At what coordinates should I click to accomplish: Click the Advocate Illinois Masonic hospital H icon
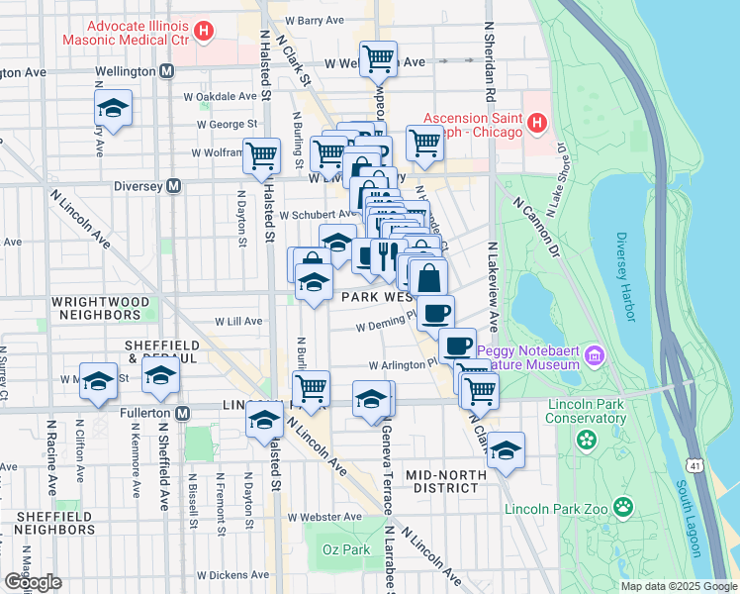coord(204,32)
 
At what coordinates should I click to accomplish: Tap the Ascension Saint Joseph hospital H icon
coord(536,124)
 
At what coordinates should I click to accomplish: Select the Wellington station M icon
coord(166,72)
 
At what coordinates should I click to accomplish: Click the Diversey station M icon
coord(174,185)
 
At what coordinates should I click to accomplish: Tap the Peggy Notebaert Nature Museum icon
coord(594,354)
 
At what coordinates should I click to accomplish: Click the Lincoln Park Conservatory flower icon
coord(587,439)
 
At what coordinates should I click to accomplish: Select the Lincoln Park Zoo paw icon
coord(622,508)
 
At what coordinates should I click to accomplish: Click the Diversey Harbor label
coord(623,276)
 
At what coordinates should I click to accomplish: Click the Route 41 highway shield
coord(690,464)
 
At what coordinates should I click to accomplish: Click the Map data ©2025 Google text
coord(678,586)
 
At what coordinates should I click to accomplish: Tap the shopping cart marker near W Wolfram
coord(261,154)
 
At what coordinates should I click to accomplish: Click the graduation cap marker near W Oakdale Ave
coord(114,109)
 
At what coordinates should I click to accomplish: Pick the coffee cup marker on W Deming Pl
coord(435,314)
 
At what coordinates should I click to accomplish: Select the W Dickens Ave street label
coord(233,575)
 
